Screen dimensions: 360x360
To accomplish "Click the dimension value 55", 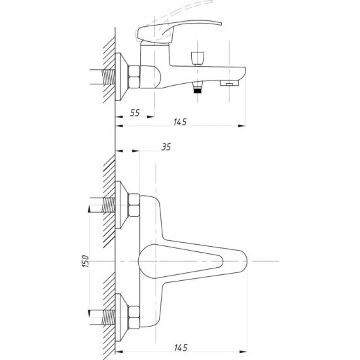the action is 135,113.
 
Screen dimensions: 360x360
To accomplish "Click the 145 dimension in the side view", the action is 180,122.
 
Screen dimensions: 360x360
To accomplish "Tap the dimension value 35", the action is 166,147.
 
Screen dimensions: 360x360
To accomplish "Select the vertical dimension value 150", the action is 85,261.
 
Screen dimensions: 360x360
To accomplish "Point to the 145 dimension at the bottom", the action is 181,348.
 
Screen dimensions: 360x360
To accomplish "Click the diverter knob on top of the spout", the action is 198,59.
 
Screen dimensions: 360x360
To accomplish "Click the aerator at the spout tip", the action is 229,83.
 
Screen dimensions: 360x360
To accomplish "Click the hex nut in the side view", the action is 134,77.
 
